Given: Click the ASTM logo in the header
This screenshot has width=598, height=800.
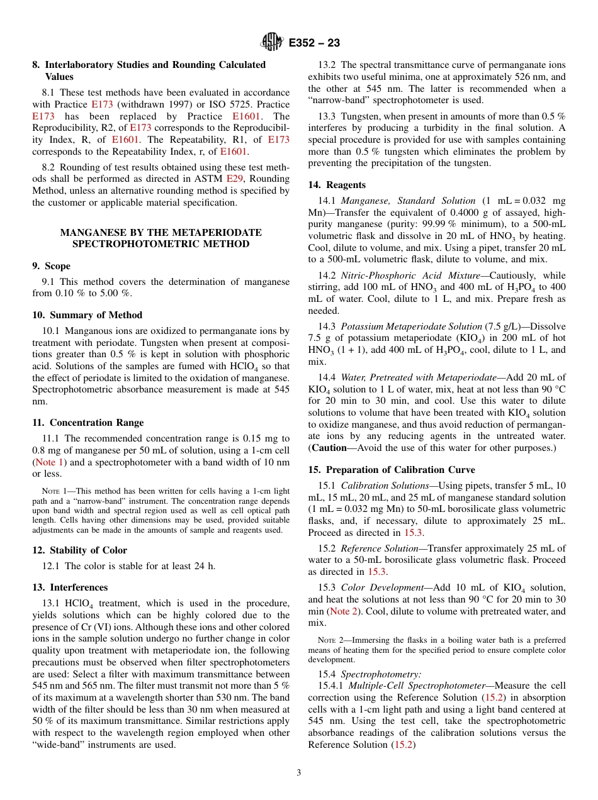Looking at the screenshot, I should pyautogui.click(x=272, y=42).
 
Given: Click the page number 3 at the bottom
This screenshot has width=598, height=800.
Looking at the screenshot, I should pyautogui.click(x=299, y=772).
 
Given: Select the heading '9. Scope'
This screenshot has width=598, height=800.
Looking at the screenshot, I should pyautogui.click(x=52, y=266).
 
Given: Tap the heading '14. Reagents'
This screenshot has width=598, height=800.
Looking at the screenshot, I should pyautogui.click(x=337, y=185).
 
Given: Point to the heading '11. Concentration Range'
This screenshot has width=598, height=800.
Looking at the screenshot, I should pyautogui.click(x=87, y=423).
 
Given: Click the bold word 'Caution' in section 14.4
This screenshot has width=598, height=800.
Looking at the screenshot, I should pyautogui.click(x=329, y=448).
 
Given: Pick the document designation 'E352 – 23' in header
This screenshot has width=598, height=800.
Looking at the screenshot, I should pyautogui.click(x=314, y=43).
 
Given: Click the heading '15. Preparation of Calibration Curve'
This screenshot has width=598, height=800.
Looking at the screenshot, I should pyautogui.click(x=392, y=470).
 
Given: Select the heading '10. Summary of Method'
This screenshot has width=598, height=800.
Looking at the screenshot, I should pyautogui.click(x=87, y=315).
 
